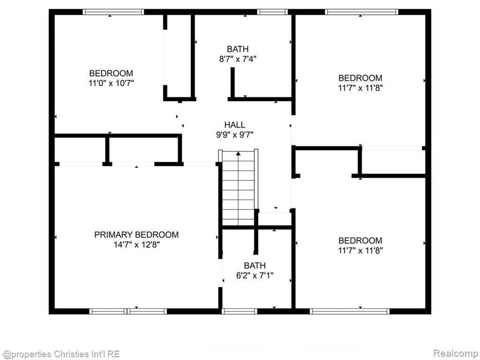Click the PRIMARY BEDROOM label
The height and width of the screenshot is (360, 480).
136,235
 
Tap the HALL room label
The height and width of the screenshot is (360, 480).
234,125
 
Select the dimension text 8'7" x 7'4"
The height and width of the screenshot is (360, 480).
238,59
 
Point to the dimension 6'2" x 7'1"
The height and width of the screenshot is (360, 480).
255,276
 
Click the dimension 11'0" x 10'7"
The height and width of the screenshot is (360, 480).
112,83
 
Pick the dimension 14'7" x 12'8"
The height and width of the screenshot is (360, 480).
136,245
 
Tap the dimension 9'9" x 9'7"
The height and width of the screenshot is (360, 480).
234,135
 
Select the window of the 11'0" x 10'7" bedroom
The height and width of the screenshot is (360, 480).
113,12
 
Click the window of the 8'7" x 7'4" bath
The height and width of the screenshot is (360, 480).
272,12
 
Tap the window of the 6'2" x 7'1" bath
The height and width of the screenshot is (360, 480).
240,311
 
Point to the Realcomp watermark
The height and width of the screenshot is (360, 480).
455,353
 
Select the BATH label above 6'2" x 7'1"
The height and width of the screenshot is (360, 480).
255,265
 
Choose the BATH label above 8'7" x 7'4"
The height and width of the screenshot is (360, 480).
238,49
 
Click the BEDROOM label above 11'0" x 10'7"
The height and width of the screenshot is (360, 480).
111,74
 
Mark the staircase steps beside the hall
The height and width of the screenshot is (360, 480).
238,187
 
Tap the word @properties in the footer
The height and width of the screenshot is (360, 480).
26,354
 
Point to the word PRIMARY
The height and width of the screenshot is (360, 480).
113,235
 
